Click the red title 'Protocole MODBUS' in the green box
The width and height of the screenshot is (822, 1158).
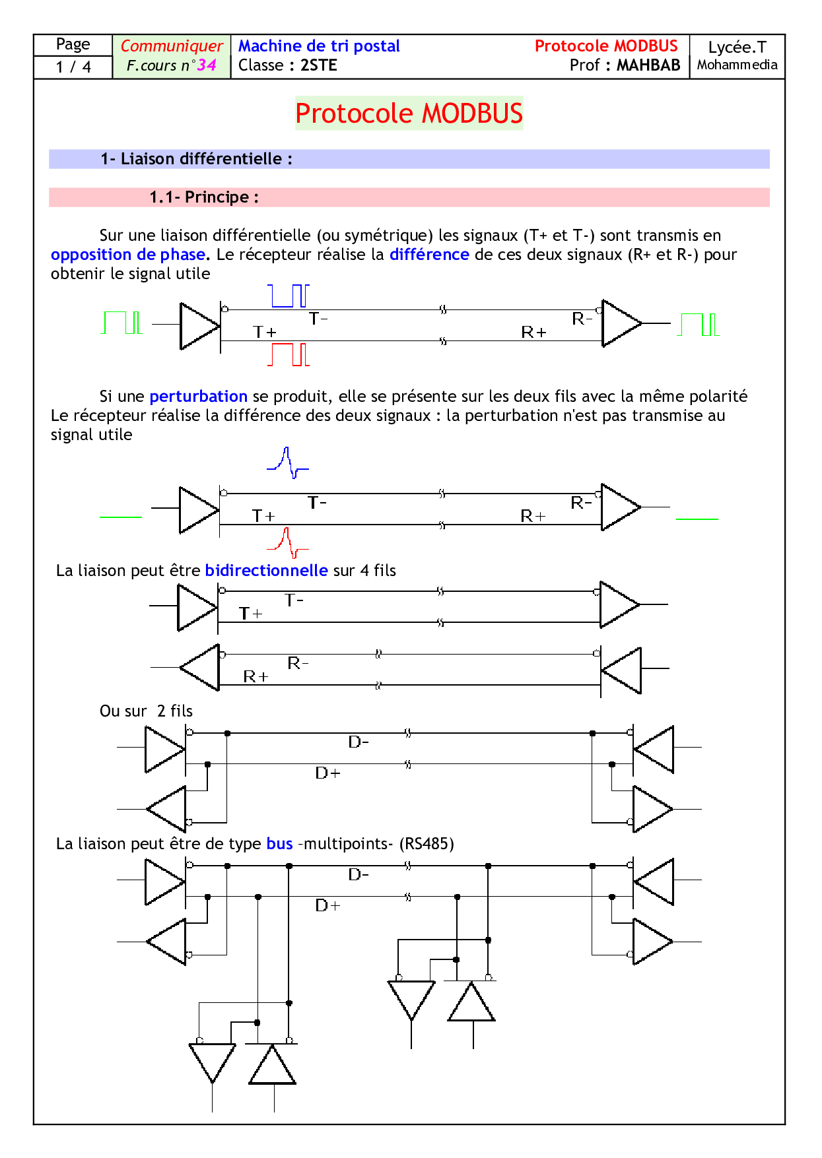click(x=409, y=113)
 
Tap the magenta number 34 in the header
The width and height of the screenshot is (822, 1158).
click(x=207, y=65)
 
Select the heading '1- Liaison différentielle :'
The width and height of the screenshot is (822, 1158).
click(x=196, y=159)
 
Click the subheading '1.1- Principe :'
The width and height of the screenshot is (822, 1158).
click(x=204, y=197)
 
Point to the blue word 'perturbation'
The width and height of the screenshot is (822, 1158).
click(x=198, y=397)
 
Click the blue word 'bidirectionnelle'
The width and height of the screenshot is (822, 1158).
click(x=266, y=571)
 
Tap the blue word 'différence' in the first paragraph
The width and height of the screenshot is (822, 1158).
click(x=429, y=255)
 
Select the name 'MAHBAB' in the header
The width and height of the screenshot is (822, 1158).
click(x=648, y=65)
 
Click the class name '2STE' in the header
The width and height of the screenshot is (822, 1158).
click(x=318, y=65)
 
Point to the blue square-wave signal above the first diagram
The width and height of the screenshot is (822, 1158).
click(x=289, y=296)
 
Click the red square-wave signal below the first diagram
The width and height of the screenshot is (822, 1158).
click(x=289, y=354)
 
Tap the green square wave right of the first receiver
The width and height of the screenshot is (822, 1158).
click(x=698, y=325)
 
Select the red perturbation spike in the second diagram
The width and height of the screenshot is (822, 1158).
click(x=288, y=542)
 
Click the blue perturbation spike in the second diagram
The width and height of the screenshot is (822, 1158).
click(x=288, y=462)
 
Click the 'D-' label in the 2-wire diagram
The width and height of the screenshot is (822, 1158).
click(x=359, y=742)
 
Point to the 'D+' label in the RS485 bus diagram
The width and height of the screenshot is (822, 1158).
click(x=327, y=905)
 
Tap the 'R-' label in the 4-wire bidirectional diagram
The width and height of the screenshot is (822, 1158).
click(x=298, y=662)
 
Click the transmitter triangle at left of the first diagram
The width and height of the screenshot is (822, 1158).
click(x=199, y=326)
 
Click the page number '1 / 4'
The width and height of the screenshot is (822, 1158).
click(x=73, y=67)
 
